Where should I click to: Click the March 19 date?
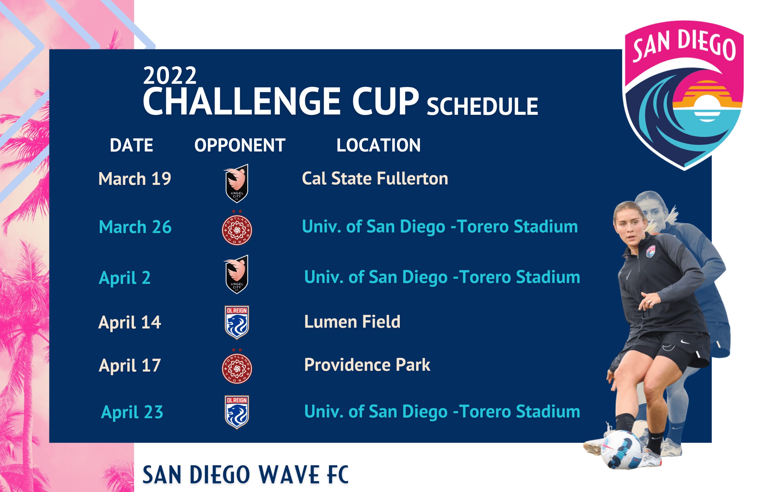point(135,179)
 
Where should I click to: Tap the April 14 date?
point(129,322)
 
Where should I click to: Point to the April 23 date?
point(132,412)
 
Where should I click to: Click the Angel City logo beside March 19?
point(237,183)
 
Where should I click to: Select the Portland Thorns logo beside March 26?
point(237,230)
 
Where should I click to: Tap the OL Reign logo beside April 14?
point(237,322)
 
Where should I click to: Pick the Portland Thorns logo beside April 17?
point(237,368)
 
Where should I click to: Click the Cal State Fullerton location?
point(375,178)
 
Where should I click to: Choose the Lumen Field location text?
point(352,321)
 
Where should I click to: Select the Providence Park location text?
point(367,365)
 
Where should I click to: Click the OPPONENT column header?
point(240,145)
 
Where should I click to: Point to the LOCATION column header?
point(378,145)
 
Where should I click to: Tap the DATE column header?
point(131,145)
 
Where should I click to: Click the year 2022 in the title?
point(169,76)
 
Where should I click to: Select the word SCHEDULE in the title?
point(482,106)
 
